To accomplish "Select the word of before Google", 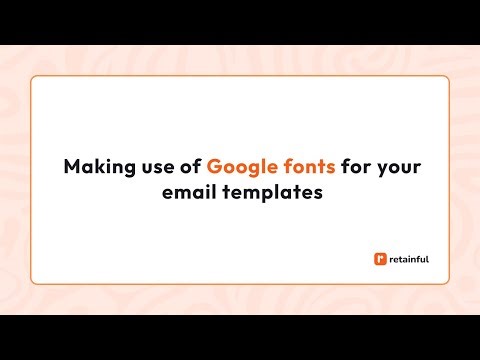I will pyautogui.click(x=186, y=166).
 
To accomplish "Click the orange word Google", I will pyautogui.click(x=239, y=166).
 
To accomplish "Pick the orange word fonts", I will pyautogui.click(x=307, y=166).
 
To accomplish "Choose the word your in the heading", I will pyautogui.click(x=399, y=167).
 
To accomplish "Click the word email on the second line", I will pyautogui.click(x=187, y=192).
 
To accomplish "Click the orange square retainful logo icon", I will pyautogui.click(x=379, y=259).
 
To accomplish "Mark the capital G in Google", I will pyautogui.click(x=214, y=166).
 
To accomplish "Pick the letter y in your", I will pyautogui.click(x=382, y=168).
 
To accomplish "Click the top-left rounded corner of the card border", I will pyautogui.click(x=34, y=79).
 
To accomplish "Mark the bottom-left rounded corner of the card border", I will pyautogui.click(x=34, y=281).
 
